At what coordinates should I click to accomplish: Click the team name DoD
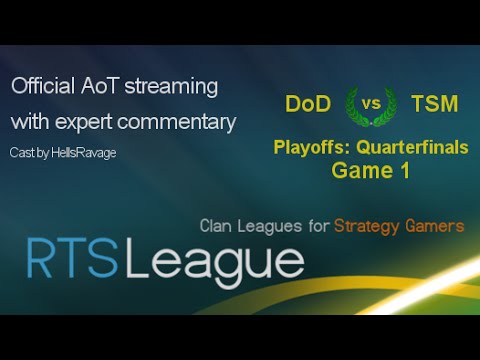(308, 103)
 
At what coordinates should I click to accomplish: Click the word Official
(44, 87)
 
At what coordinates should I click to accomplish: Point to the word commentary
(181, 123)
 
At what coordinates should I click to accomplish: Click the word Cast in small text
(23, 151)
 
